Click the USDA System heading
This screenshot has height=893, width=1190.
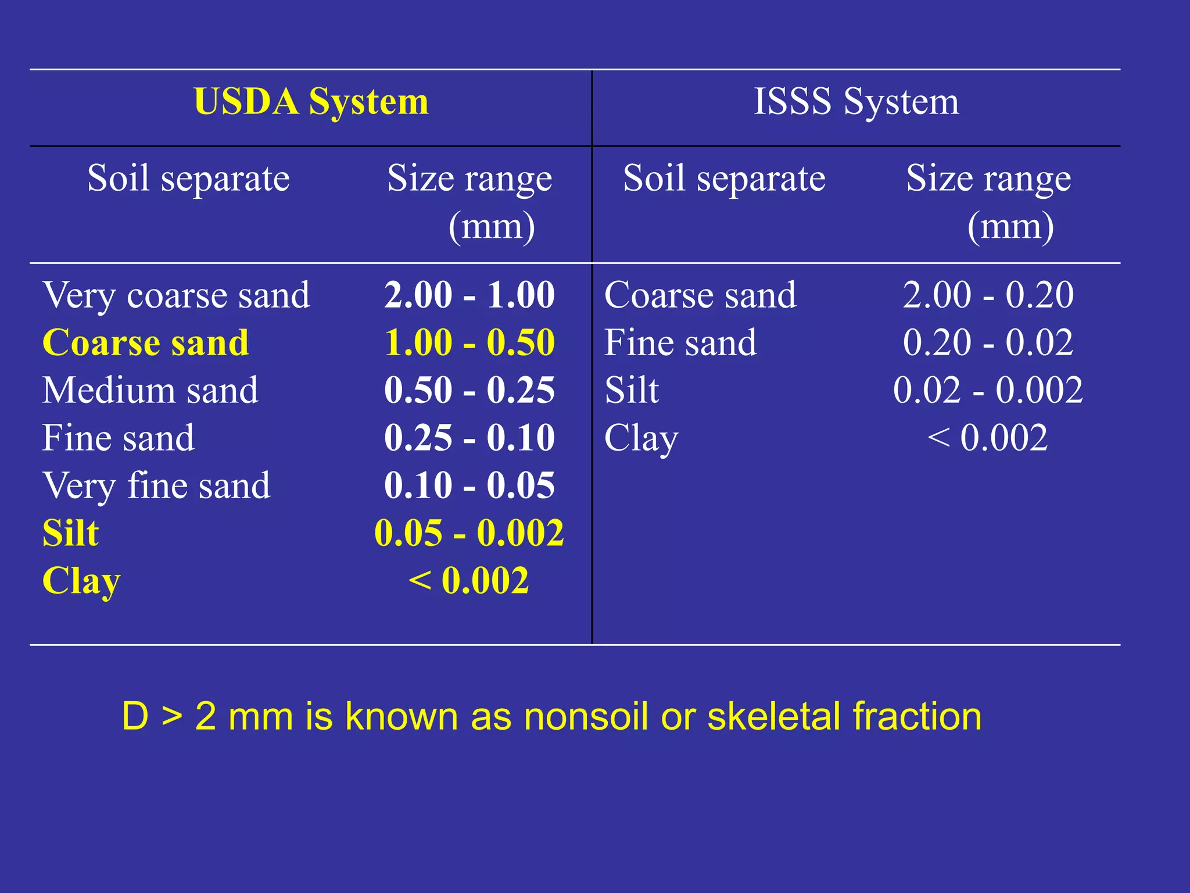(x=311, y=102)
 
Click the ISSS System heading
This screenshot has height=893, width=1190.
(x=856, y=102)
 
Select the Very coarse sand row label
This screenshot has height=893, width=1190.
(x=176, y=295)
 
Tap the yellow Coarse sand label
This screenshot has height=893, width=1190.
(x=146, y=342)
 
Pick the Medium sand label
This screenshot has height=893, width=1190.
(x=150, y=390)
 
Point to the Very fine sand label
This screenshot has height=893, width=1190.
(x=156, y=485)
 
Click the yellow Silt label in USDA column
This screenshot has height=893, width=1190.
(x=71, y=533)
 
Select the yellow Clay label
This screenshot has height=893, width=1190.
(x=81, y=581)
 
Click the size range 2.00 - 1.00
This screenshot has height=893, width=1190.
(x=469, y=295)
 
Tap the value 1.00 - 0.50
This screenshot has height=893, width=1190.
(x=469, y=342)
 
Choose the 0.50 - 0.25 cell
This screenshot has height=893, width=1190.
(x=469, y=390)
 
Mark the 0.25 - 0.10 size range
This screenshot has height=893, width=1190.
(x=469, y=438)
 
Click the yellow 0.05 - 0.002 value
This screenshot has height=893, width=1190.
(x=469, y=533)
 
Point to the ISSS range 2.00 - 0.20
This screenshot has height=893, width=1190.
(x=988, y=295)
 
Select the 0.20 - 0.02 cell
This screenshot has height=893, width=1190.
(x=988, y=342)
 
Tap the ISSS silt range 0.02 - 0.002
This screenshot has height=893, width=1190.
(x=988, y=390)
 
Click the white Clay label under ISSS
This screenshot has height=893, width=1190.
(x=641, y=438)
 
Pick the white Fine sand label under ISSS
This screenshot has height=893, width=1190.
(x=680, y=342)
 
